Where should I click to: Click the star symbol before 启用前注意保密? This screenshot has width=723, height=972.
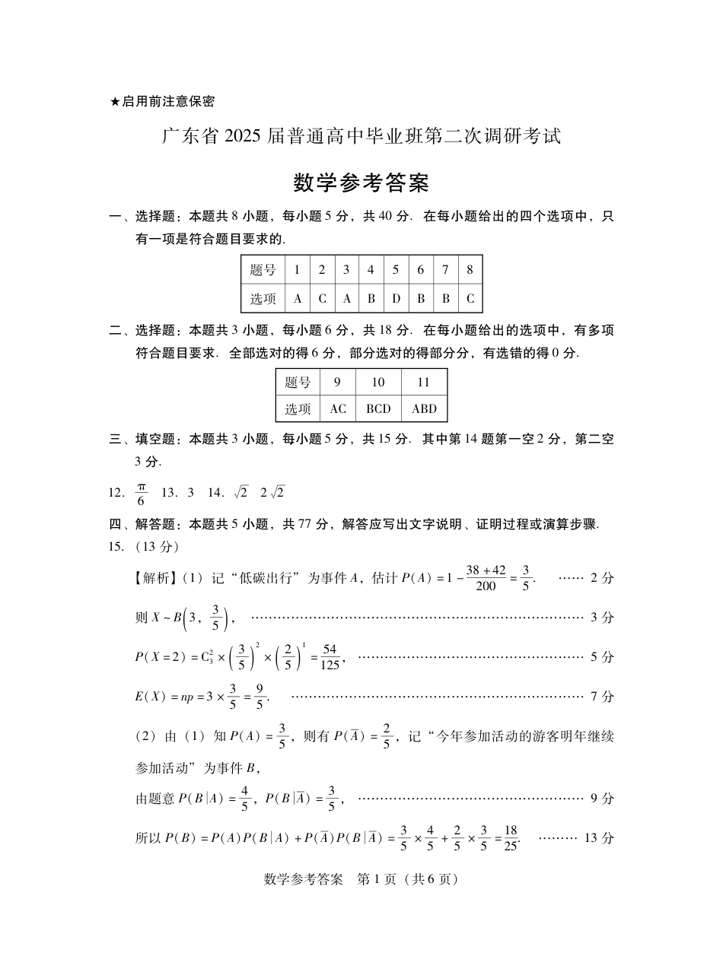click(116, 101)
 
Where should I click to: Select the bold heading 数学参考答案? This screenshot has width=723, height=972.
click(361, 183)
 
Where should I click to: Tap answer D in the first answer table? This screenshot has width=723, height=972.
click(396, 298)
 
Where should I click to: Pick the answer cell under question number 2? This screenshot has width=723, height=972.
click(322, 298)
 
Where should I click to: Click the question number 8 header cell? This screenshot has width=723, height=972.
click(470, 270)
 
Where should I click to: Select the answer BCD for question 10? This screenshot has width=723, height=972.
click(378, 408)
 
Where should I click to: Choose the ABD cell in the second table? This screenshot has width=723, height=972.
click(424, 408)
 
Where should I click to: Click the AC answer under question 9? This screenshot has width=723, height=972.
click(338, 408)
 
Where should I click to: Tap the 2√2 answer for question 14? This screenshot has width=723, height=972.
click(272, 492)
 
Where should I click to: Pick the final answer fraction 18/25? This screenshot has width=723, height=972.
click(511, 838)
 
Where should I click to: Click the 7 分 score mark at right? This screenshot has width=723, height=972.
click(602, 696)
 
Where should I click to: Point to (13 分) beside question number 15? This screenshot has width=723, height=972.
click(157, 546)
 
